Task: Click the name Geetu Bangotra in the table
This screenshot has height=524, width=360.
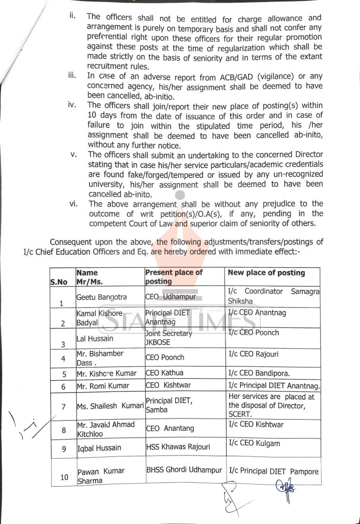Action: click(97, 296)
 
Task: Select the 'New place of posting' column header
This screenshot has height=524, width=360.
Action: click(266, 273)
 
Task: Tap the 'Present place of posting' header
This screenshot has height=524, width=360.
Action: click(174, 277)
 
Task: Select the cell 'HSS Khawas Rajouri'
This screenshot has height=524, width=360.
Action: click(177, 448)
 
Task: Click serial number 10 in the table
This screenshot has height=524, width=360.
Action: click(64, 477)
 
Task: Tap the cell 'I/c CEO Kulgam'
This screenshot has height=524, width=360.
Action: click(254, 443)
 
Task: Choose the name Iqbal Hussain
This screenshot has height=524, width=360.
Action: click(99, 448)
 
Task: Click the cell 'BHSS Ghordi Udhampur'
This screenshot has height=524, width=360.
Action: click(184, 470)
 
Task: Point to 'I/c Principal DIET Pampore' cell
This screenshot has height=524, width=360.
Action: click(274, 471)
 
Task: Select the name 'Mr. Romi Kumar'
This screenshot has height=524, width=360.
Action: click(102, 386)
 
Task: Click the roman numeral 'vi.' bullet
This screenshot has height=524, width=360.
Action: click(73, 204)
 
